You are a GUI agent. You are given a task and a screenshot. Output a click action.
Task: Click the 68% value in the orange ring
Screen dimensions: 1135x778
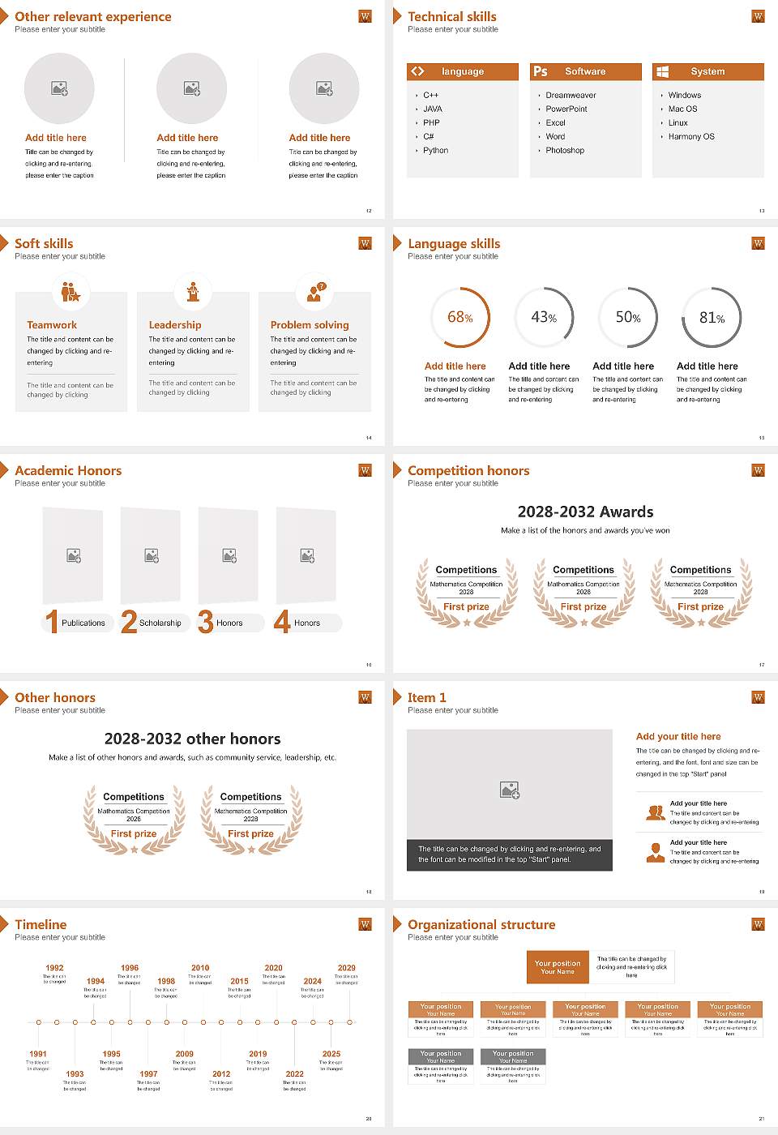pyautogui.click(x=460, y=318)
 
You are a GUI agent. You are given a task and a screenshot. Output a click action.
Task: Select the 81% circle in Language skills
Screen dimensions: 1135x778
pyautogui.click(x=712, y=318)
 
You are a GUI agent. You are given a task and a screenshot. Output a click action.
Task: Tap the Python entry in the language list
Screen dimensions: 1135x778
pyautogui.click(x=435, y=151)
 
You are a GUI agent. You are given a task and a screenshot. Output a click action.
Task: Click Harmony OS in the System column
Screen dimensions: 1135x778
pyautogui.click(x=691, y=137)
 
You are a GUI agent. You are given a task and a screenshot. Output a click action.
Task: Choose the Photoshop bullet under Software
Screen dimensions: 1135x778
pyautogui.click(x=565, y=151)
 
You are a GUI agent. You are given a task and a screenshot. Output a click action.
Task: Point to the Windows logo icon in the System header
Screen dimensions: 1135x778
pyautogui.click(x=663, y=71)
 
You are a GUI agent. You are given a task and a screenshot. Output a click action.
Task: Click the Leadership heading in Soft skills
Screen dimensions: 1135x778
pyautogui.click(x=175, y=325)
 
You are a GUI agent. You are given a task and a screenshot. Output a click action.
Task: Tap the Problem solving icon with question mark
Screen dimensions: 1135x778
pyautogui.click(x=315, y=292)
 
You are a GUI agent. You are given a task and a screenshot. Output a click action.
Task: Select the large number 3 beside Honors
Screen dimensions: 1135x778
pyautogui.click(x=206, y=622)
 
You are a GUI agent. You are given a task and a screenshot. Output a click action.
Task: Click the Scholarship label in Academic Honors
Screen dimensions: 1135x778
pyautogui.click(x=160, y=623)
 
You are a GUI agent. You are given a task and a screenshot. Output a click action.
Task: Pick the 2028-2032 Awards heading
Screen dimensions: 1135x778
pyautogui.click(x=585, y=512)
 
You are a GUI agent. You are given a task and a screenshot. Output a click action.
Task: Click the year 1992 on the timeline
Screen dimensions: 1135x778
pyautogui.click(x=54, y=968)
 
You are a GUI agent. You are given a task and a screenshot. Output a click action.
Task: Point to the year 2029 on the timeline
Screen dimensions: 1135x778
pyautogui.click(x=347, y=968)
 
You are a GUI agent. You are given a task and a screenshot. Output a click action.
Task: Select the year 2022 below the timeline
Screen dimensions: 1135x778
pyautogui.click(x=295, y=1074)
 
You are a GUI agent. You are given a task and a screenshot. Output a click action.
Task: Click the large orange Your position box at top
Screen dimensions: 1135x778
pyautogui.click(x=558, y=967)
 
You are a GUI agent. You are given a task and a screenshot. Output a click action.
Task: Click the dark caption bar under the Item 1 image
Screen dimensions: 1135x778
pyautogui.click(x=509, y=854)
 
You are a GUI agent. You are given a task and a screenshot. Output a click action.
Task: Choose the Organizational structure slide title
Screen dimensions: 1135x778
pyautogui.click(x=481, y=925)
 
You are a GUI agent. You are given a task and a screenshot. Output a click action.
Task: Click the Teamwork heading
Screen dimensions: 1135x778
pyautogui.click(x=52, y=325)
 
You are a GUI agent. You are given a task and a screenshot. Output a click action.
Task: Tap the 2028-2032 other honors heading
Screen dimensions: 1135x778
pyautogui.click(x=192, y=739)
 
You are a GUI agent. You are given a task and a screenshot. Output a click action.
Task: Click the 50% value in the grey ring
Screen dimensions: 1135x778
pyautogui.click(x=627, y=318)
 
